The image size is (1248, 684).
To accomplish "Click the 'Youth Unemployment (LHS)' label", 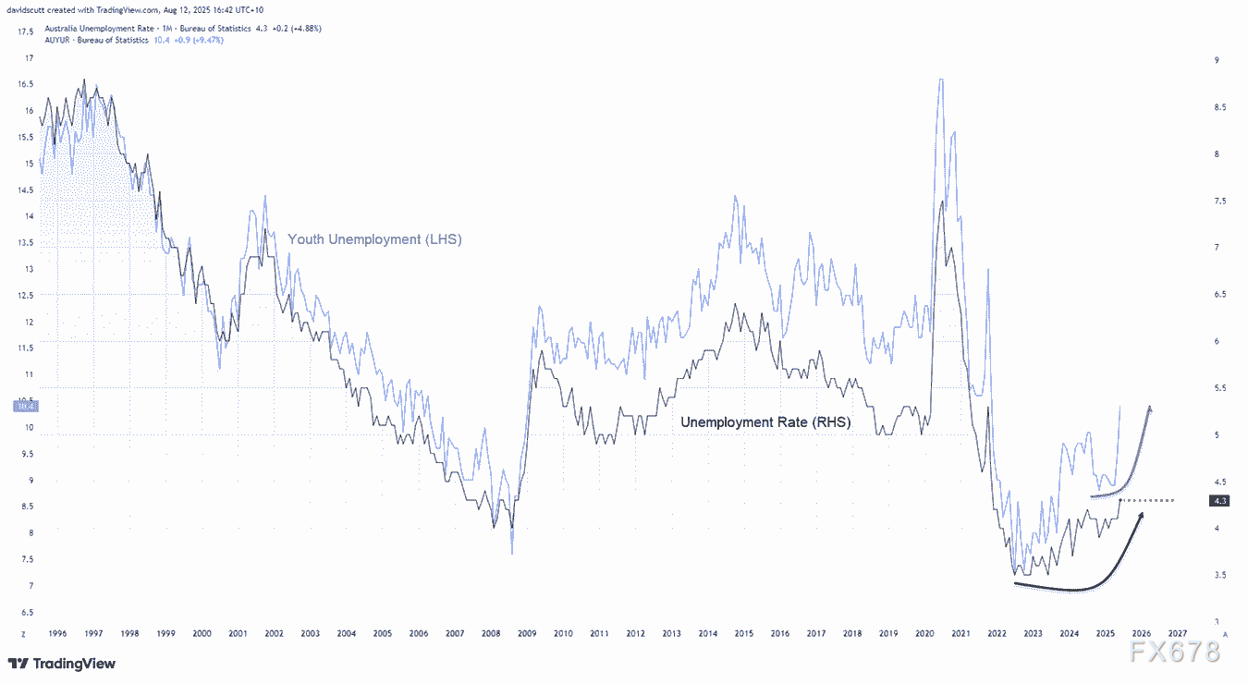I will pyautogui.click(x=374, y=239).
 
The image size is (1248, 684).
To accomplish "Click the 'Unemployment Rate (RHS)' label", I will pyautogui.click(x=765, y=421).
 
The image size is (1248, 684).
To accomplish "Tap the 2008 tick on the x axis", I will pyautogui.click(x=490, y=634).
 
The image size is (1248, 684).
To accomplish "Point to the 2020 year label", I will pyautogui.click(x=924, y=634).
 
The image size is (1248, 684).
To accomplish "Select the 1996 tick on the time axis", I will pyautogui.click(x=56, y=634).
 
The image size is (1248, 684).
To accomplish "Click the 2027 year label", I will pyautogui.click(x=1178, y=634).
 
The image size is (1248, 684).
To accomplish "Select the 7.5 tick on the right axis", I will pyautogui.click(x=1220, y=201).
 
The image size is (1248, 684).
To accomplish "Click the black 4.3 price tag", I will pyautogui.click(x=1220, y=500).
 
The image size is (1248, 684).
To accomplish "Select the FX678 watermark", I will pyautogui.click(x=1175, y=653).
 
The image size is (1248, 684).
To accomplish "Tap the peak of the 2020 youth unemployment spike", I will pyautogui.click(x=940, y=80).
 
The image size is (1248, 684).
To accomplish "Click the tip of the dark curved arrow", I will pyautogui.click(x=1143, y=514).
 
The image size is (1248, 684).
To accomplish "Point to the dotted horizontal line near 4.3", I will pyautogui.click(x=1147, y=500).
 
